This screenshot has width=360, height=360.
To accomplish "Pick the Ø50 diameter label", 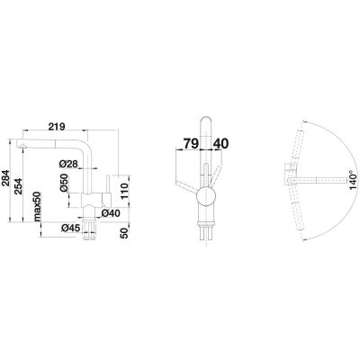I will pyautogui.click(x=65, y=184).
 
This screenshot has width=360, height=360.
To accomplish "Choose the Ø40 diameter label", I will pyautogui.click(x=112, y=212).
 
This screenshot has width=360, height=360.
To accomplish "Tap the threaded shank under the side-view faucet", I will pyautogui.click(x=93, y=229).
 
